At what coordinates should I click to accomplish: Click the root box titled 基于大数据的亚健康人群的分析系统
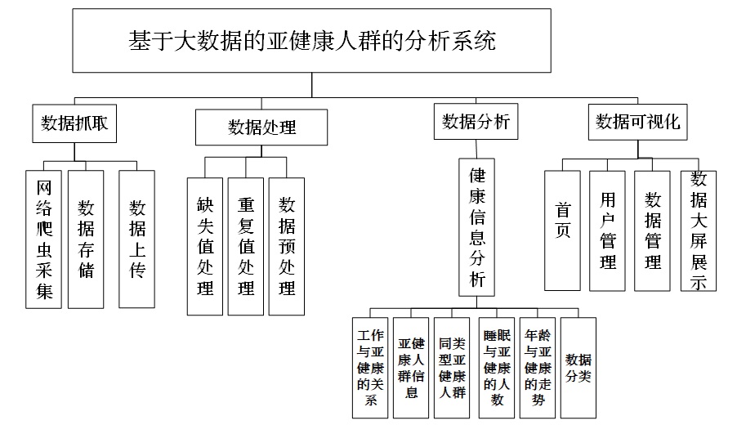pos(311,40)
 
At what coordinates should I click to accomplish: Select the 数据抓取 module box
pos(74,123)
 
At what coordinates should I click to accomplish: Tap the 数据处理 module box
pos(261,127)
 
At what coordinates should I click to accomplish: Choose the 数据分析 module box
pos(476,121)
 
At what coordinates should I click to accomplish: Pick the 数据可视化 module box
pos(638,123)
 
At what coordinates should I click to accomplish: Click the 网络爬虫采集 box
pos(43,239)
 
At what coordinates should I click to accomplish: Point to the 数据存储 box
pos(86,239)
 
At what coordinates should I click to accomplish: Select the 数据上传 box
pos(136,239)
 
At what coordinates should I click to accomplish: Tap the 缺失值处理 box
pos(205,246)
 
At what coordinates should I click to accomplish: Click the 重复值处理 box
pos(246,246)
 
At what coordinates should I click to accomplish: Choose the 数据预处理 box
pos(287,246)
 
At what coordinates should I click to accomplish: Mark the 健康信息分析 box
pos(476,227)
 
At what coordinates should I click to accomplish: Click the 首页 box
pos(563,230)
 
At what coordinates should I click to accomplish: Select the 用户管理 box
pos(607,230)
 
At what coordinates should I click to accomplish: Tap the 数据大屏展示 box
pos(699,230)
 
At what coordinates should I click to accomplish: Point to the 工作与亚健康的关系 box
pos(370,368)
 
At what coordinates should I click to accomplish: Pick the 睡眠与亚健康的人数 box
pos(496,368)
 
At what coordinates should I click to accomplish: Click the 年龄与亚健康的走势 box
pos(538,368)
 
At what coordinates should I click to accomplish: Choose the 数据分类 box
pos(578,368)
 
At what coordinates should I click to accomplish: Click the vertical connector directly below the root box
pos(311,85)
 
